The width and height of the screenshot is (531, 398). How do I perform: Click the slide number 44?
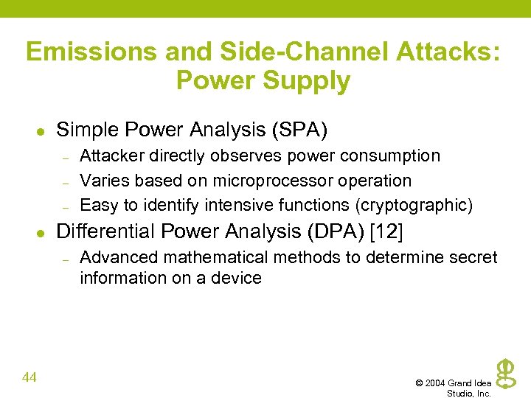[30, 377]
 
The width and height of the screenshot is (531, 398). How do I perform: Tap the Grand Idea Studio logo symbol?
[504, 373]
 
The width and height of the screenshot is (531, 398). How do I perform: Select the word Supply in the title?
[309, 80]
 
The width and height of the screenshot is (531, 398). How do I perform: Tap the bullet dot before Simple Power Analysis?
[41, 131]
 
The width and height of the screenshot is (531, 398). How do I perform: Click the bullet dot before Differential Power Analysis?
[41, 232]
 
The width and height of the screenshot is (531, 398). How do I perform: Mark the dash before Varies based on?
[65, 181]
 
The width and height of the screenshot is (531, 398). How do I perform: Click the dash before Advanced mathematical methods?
[65, 258]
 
